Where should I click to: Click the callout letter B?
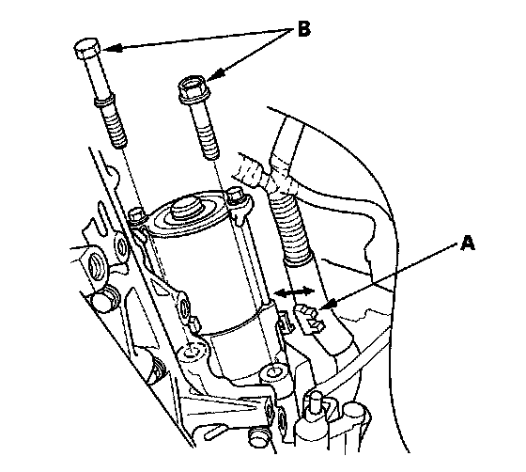304,28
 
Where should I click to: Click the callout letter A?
468,243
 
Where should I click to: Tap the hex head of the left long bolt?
86,49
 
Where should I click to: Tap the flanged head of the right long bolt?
193,89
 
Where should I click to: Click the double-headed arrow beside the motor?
294,291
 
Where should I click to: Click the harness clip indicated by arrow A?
309,318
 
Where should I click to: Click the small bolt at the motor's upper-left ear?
137,215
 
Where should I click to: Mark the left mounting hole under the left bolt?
192,352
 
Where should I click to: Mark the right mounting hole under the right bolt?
274,372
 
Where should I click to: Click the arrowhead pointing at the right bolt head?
216,74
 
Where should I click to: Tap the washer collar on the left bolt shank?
104,102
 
